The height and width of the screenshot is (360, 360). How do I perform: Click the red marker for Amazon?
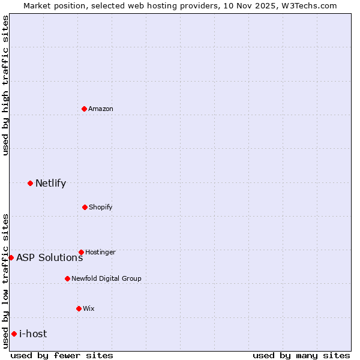84,109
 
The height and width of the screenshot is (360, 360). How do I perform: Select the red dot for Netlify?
30,183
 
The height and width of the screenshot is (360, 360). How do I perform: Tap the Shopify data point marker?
85,207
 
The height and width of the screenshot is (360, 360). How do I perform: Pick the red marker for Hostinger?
81,252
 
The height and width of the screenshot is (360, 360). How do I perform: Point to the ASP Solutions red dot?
11,257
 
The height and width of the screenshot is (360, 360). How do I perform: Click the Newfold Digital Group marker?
67,278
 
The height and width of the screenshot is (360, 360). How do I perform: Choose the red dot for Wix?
79,308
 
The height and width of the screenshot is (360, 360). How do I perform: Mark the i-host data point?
14,334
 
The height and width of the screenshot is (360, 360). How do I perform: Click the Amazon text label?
101,109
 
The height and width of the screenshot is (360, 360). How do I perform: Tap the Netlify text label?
50,183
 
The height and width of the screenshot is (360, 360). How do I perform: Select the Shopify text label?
101,207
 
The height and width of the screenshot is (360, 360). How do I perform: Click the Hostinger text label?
100,252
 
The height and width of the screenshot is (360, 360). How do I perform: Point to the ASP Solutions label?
49,257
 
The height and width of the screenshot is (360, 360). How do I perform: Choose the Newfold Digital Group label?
106,278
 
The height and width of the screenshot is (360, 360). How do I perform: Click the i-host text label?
33,334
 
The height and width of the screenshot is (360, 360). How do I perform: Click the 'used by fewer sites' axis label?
62,355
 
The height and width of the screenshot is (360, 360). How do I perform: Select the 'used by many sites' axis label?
301,355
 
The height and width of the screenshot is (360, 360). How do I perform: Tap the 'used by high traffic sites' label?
5,85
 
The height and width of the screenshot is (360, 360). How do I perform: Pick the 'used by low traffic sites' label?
5,280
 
